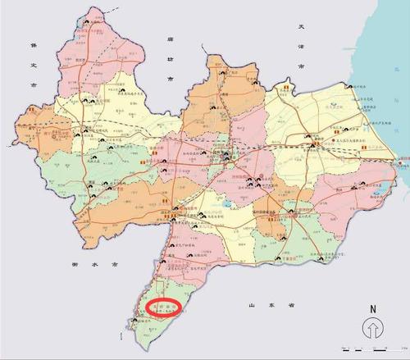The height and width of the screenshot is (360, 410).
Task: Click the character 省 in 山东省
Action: [x=291, y=305]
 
